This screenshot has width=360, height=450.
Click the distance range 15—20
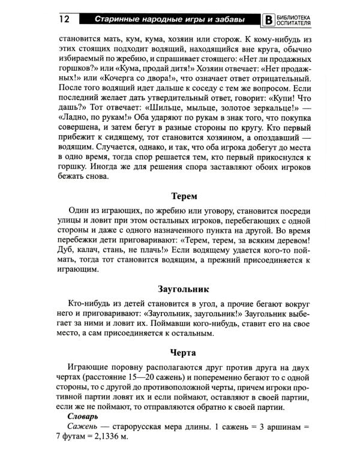pos(142,380)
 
